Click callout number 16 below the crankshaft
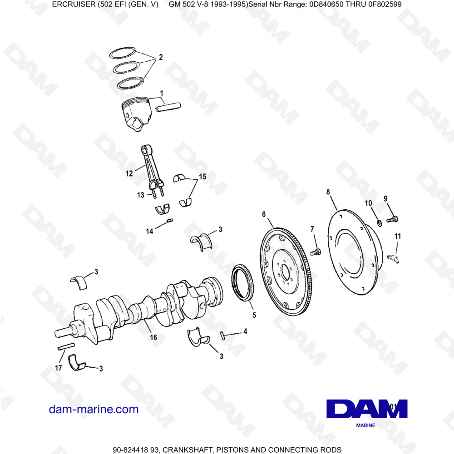click(153, 337)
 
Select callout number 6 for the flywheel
click(264, 214)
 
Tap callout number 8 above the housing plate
click(328, 192)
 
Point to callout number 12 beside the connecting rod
click(129, 173)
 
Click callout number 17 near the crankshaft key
click(59, 368)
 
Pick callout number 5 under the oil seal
click(254, 315)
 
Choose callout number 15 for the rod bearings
click(202, 177)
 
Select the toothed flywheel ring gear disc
click(286, 272)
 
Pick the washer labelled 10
click(379, 222)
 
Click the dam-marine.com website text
click(94, 409)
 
